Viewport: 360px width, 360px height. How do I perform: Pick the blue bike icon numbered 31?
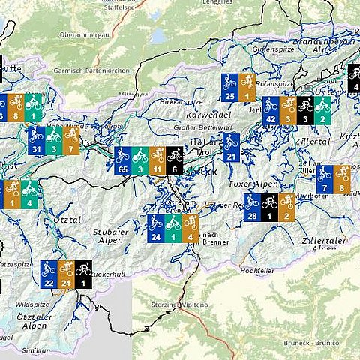pos(35,140)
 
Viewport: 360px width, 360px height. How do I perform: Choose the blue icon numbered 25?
pos(230,87)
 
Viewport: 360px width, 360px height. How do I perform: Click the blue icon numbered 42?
pos(271,109)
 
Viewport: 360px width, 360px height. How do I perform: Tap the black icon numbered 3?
pos(304,109)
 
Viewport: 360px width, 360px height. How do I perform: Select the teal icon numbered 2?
pos(322,109)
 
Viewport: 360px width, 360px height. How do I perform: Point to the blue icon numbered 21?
pos(230,147)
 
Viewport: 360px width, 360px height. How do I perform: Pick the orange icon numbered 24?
pos(66,274)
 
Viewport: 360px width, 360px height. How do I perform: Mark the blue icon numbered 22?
pos(49,274)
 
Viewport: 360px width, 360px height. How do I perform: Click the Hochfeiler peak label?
pos(256,269)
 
